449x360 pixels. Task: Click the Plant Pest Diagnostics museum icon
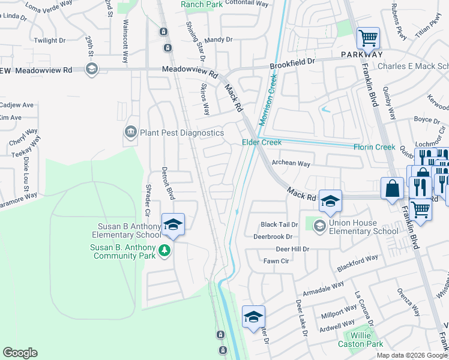[x=130, y=133]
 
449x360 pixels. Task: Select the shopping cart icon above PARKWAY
[x=368, y=38]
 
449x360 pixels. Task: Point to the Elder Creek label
[x=262, y=142]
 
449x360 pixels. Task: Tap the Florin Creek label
[x=373, y=147]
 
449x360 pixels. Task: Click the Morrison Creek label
[x=268, y=100]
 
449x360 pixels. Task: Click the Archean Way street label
[x=291, y=163]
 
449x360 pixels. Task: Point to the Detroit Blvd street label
[x=170, y=184]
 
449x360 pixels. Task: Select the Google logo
[x=20, y=353]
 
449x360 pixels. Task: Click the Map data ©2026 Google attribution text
[x=411, y=355]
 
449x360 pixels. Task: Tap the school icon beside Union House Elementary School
[x=319, y=225]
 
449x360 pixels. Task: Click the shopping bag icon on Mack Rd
[x=392, y=188]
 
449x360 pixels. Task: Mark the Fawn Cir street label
[x=276, y=261]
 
